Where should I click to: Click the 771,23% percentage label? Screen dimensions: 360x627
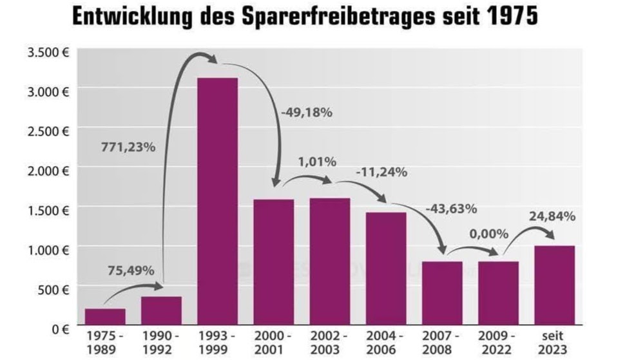128,147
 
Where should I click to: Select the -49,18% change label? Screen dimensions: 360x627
306,113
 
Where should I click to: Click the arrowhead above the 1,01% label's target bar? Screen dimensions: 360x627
329,182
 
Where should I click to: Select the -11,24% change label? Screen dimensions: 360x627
381,171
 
